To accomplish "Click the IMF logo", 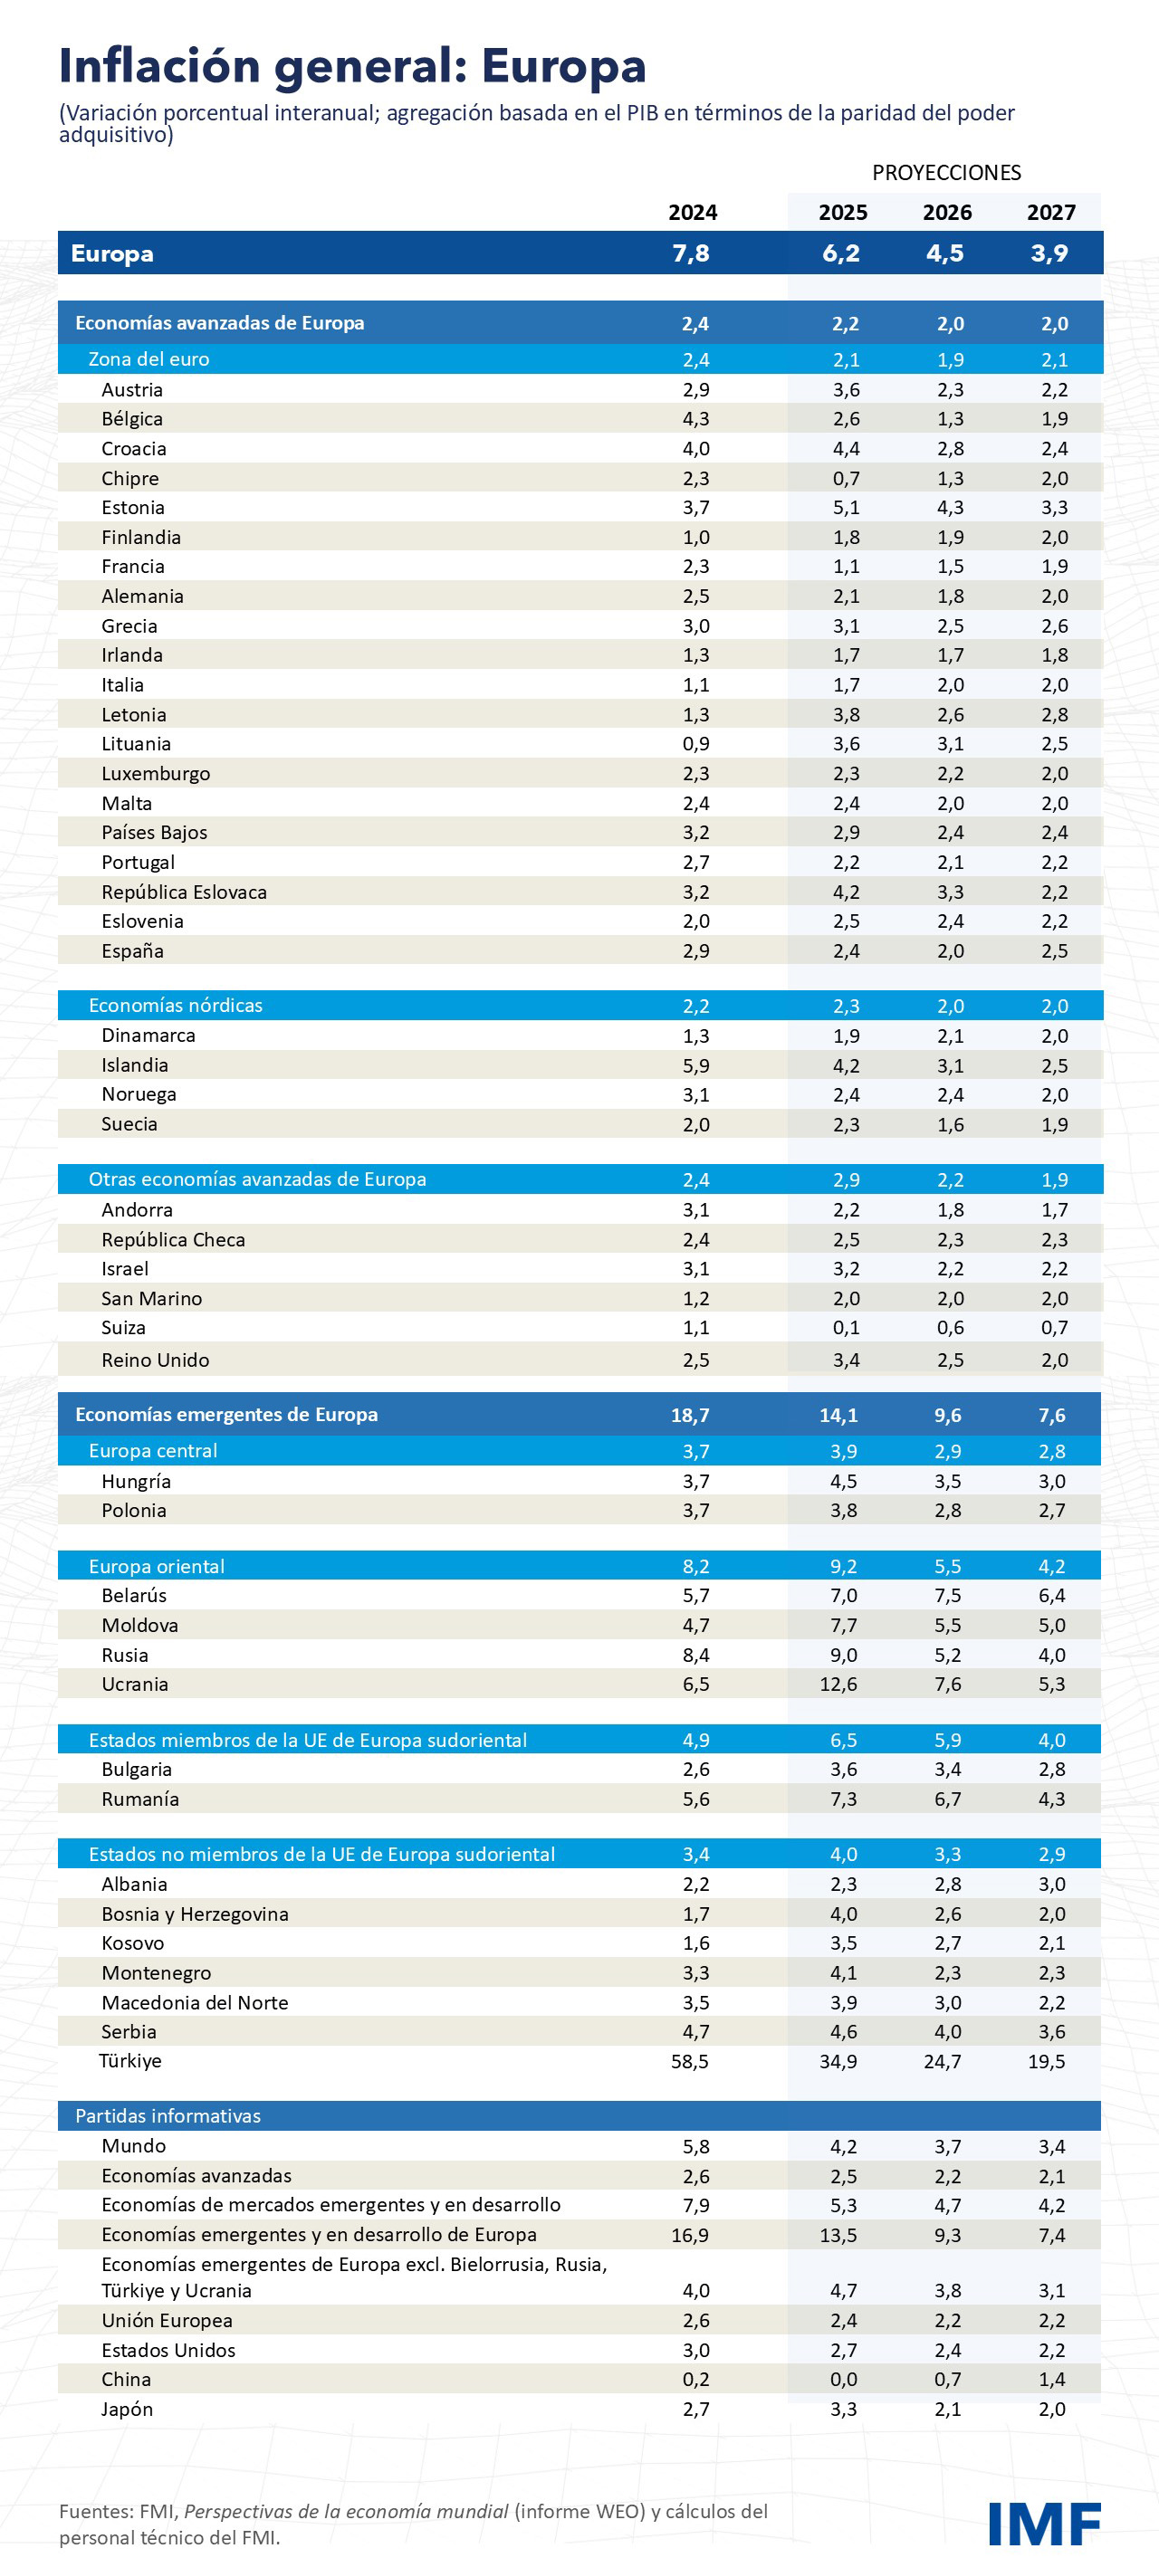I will coord(1044,2524).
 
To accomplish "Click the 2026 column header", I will coord(946,213).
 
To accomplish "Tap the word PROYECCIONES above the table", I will coord(945,173).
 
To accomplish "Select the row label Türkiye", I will coord(130,2060).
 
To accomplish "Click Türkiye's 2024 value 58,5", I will coord(689,2061).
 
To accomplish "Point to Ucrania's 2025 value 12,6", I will coord(838,1685).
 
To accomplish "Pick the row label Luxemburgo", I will coord(156,774).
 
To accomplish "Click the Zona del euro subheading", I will coord(149,359).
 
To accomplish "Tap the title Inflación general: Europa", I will coord(352,67).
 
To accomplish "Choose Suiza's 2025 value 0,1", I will coord(845,1328).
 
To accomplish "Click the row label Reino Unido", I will coord(155,1360).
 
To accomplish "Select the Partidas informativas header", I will coord(168,2116).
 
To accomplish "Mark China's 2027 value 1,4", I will coord(1052,2380).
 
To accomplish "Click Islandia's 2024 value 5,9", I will coord(695,1065).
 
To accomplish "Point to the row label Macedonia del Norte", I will coord(195,2003).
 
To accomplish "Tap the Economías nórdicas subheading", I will coord(176,1006).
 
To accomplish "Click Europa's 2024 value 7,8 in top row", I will coord(690,253).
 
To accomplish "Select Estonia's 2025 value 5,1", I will coord(845,508).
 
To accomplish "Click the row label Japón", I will coord(127,2409).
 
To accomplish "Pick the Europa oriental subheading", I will coord(157,1567).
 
